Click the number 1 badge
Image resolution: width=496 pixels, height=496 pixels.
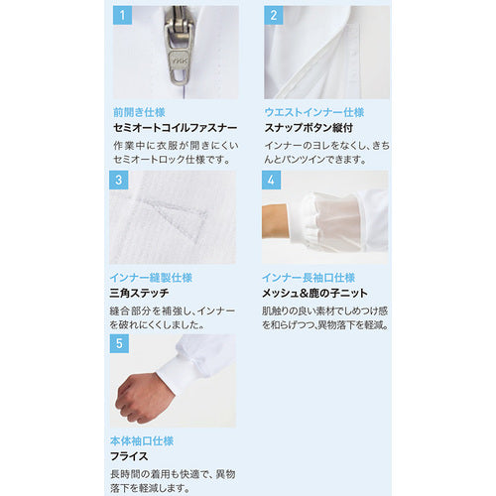pos(122,16)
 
